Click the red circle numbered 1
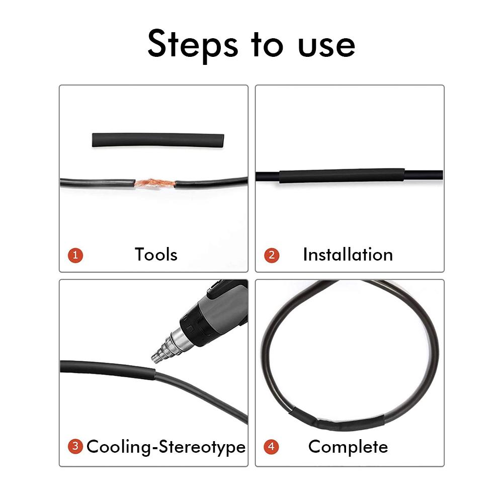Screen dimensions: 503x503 point(75,255)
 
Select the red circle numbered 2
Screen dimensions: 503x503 point(272,255)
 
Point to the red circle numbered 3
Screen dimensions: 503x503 point(75,446)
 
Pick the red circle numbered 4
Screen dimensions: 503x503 point(272,446)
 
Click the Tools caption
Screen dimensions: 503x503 point(156,255)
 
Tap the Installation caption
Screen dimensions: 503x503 point(348,255)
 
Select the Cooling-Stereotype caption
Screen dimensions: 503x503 point(166,446)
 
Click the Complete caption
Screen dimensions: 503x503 point(348,446)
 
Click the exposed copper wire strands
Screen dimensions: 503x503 point(154,182)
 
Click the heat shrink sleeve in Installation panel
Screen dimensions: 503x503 point(342,176)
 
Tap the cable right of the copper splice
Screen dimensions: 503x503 point(211,182)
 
